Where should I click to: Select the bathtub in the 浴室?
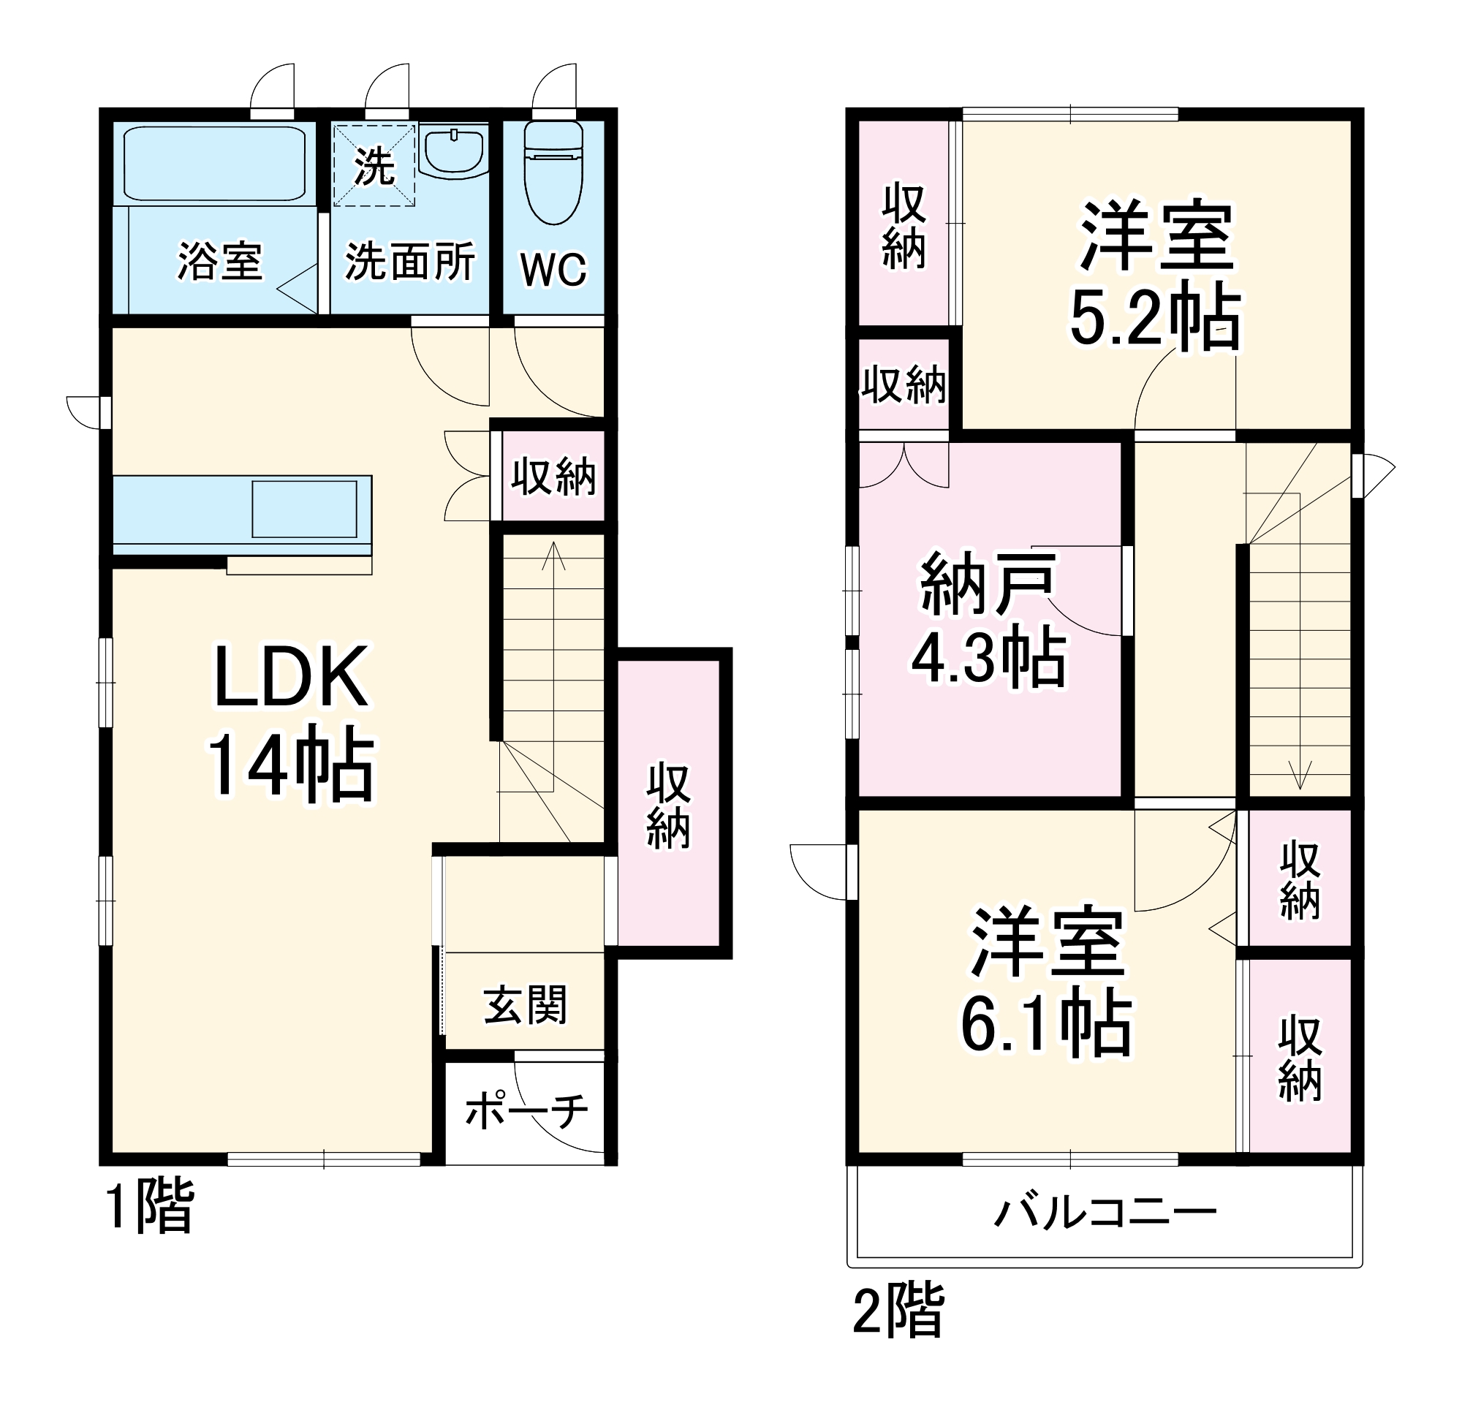[215, 164]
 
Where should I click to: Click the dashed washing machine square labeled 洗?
[373, 165]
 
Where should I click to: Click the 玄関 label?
[525, 1004]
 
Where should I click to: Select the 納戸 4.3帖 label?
[989, 620]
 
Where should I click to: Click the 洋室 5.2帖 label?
[1156, 276]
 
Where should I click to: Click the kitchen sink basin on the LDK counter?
[304, 509]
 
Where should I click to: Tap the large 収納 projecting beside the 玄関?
[668, 804]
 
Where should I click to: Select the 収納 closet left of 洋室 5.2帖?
[904, 224]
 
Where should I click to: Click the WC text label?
[553, 269]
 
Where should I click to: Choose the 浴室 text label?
[219, 262]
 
